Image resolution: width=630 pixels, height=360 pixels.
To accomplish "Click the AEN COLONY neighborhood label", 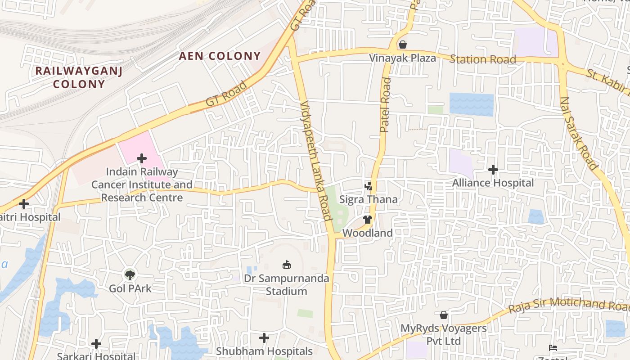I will [220, 56].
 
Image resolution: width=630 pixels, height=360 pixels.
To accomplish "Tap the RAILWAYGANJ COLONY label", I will [79, 77].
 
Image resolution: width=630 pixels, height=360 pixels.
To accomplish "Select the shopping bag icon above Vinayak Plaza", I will [403, 45].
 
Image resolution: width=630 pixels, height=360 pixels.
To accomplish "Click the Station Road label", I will [482, 59].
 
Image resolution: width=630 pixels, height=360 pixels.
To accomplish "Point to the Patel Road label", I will [385, 105].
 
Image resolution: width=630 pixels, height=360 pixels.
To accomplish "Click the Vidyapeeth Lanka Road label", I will [316, 160].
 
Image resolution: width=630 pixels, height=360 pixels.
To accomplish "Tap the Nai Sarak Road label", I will [579, 133].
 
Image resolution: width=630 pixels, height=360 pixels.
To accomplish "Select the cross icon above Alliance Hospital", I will [493, 170].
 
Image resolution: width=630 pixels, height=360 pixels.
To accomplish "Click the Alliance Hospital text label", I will [493, 183].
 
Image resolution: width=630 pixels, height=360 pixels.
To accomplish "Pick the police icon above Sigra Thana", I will [368, 186].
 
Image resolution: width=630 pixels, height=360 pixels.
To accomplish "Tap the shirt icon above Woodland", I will [368, 220].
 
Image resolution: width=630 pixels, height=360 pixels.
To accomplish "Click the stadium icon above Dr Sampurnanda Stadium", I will [286, 265].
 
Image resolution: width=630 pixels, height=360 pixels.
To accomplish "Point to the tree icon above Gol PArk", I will [130, 274].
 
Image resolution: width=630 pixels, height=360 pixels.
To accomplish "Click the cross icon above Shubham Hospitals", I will [264, 337].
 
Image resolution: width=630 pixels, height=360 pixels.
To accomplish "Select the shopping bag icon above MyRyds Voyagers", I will [444, 315].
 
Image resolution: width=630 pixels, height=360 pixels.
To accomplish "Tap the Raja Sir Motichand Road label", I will [569, 305].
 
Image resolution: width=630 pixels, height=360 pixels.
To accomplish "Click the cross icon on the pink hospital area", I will [142, 158].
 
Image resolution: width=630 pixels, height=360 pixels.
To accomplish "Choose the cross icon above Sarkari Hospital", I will [96, 344].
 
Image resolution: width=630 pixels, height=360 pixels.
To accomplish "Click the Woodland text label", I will [368, 233].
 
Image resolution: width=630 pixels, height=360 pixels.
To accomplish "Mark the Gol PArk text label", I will [130, 288].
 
